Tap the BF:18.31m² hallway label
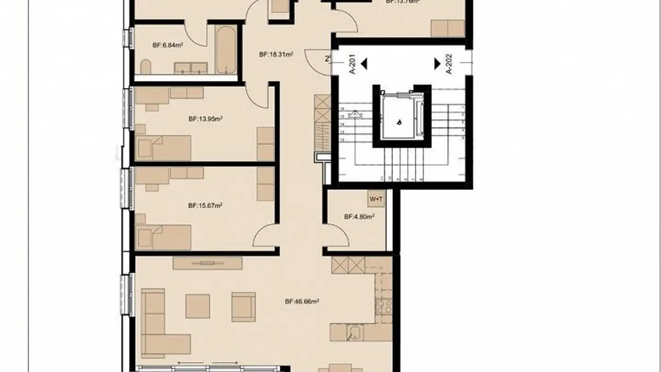(x=276, y=54)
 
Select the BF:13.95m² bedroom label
(x=205, y=118)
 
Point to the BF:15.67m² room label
(x=205, y=206)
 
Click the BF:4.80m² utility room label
(x=359, y=216)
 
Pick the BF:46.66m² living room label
(x=302, y=302)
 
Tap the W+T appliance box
(x=375, y=199)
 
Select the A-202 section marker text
(x=449, y=64)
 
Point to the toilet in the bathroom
(x=146, y=67)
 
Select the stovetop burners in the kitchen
(x=384, y=306)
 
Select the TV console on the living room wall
(x=207, y=263)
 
